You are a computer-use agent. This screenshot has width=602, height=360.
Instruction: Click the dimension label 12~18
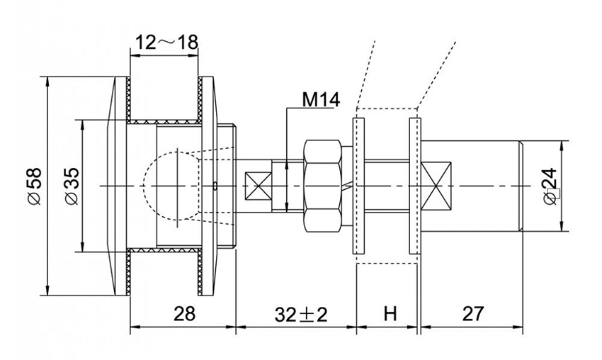[166, 43]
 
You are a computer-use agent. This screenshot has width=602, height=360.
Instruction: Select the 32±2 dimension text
[296, 313]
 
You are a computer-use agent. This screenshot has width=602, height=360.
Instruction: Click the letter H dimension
[388, 313]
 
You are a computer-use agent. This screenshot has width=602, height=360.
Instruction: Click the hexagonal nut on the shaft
[323, 186]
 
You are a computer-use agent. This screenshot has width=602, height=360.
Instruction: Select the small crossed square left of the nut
[256, 186]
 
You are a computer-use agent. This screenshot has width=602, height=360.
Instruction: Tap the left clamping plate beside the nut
[358, 186]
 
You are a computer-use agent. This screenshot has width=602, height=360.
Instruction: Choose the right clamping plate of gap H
[416, 186]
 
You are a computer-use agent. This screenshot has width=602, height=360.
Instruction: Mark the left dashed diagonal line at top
[365, 71]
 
